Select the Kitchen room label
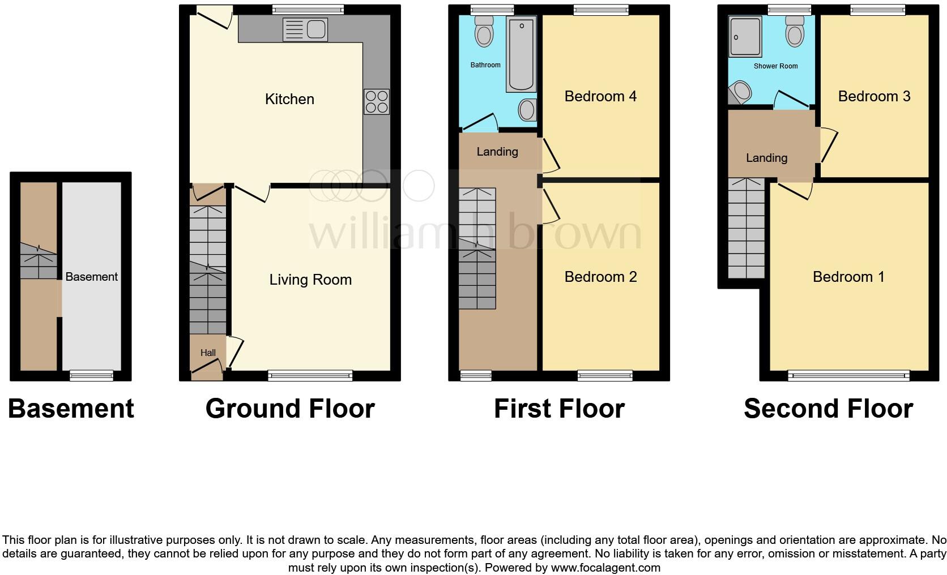pos(289,99)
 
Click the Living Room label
pos(310,280)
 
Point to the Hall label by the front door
pos(208,353)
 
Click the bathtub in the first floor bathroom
pos(521,54)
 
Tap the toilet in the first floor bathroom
pos(484,31)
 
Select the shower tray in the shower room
pos(746,37)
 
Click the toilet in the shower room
pos(795,32)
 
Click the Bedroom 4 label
pos(600,96)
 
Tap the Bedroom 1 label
pos(848,277)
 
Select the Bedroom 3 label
pos(874,96)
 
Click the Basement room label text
pos(91,277)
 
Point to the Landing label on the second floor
pos(766,158)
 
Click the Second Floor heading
pos(828,409)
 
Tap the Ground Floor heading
pos(290,409)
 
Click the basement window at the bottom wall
pos(91,375)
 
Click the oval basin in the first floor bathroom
pos(527,110)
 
